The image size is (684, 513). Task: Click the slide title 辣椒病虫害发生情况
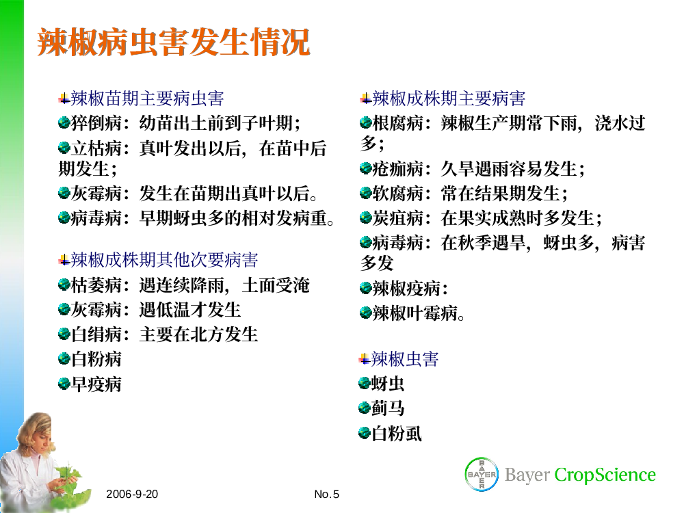174,42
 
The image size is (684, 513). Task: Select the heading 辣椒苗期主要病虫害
147,98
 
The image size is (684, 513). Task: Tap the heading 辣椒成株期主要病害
449,98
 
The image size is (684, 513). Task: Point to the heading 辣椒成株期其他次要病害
164,260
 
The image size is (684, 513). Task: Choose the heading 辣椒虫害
404,359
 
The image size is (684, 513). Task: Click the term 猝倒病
96,123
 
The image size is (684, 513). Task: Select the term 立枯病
96,148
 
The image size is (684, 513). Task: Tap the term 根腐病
398,123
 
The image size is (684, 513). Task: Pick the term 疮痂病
398,169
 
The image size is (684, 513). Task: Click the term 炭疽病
398,218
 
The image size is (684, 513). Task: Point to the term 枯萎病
96,285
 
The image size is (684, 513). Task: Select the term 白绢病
96,334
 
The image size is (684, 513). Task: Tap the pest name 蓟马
388,408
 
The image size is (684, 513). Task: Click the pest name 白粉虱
397,433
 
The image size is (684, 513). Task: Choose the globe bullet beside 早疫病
64,384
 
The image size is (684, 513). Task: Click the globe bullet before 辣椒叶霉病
365,313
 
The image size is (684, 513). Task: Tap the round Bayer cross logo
482,474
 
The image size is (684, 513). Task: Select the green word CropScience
605,475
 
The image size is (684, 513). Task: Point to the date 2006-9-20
132,495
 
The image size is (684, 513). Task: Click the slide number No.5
326,495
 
